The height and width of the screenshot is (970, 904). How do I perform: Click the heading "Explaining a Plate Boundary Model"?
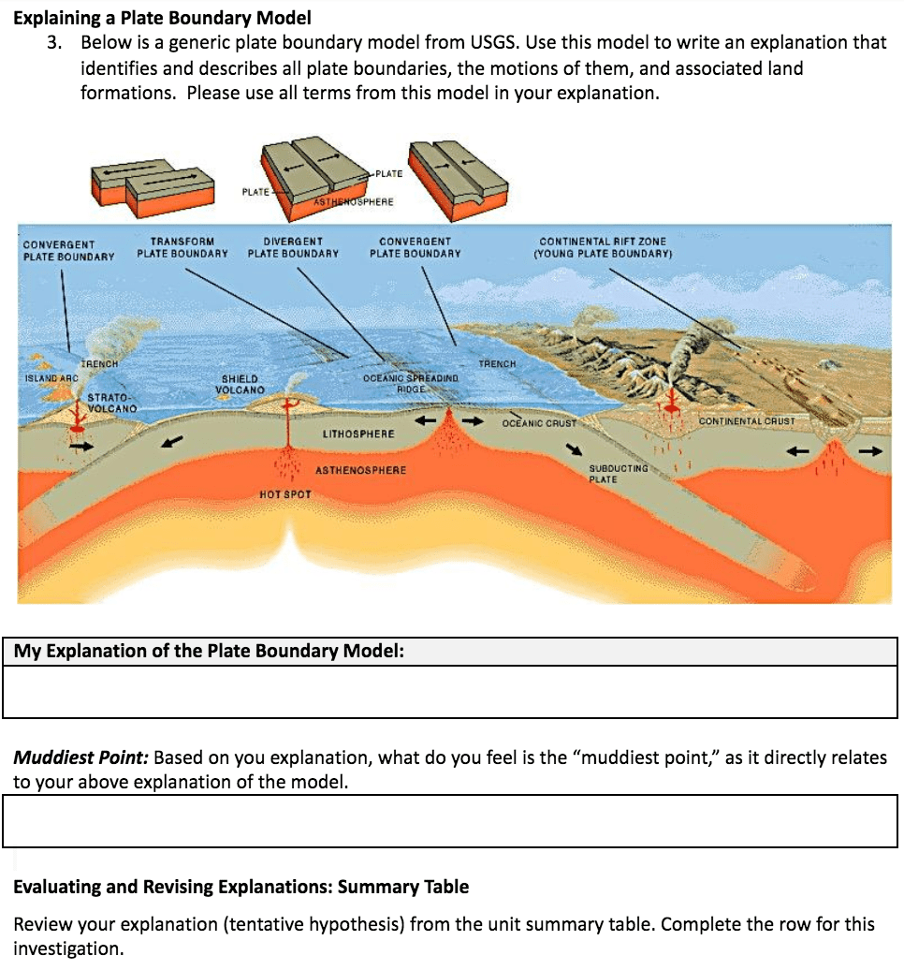coord(162,18)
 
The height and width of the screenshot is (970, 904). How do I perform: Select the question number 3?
coord(57,43)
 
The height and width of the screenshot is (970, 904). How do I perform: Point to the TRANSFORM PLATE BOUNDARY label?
coord(182,247)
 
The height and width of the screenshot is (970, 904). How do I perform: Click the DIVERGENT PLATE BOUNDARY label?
coord(293,247)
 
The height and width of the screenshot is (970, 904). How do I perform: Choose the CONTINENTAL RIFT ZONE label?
coord(603,247)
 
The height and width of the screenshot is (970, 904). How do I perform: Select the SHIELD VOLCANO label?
coord(240,384)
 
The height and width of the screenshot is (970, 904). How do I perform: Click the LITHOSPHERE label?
coord(358,434)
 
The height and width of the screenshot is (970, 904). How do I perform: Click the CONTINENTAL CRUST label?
coord(747,421)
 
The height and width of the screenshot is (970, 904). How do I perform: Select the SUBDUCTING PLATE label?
coord(618,473)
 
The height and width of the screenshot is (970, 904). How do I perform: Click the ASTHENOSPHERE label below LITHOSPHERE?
coord(361,469)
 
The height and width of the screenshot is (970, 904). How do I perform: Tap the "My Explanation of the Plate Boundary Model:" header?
coord(209,651)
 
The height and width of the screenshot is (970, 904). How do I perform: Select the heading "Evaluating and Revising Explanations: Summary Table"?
coord(241,886)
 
